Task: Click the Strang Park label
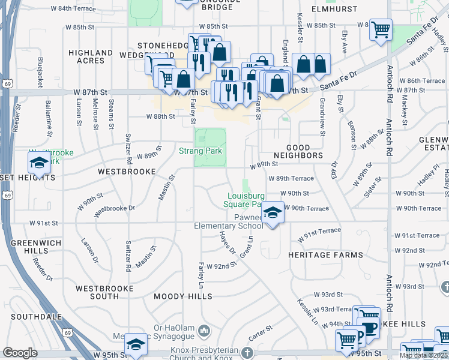(201, 151)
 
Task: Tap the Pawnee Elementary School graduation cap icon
(273, 213)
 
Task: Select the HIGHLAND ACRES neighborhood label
(91, 57)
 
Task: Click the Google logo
(20, 353)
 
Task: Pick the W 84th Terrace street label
(73, 8)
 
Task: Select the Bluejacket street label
(40, 73)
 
